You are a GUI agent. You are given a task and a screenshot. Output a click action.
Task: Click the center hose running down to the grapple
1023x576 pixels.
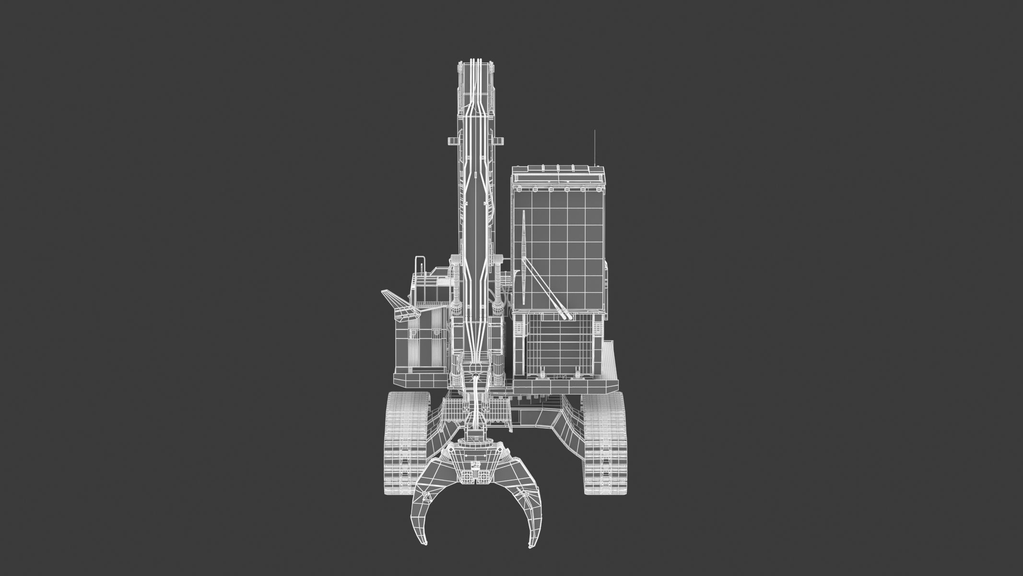476,398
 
